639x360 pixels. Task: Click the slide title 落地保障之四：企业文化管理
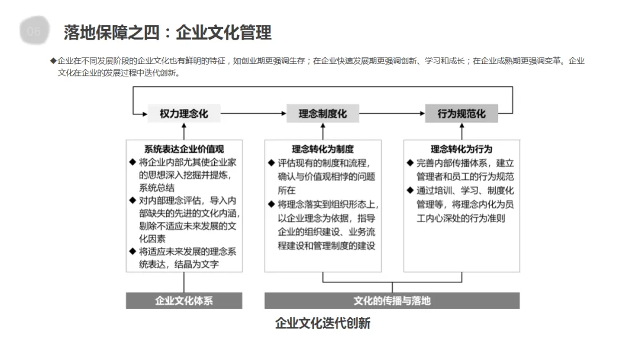[x=167, y=32]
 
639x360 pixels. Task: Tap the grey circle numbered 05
[x=34, y=31]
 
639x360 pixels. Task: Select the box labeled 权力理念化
[x=184, y=113]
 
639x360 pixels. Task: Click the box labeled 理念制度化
[x=322, y=113]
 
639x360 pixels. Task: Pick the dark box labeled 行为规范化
[x=461, y=113]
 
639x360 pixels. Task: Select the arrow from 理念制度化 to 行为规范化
[x=392, y=113]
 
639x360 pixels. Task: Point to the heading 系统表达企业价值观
[x=184, y=149]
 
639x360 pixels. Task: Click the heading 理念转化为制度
[x=322, y=149]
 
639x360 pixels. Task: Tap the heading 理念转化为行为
[x=461, y=149]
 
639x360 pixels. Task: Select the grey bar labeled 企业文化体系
[x=184, y=300]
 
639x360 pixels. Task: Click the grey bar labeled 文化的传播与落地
[x=392, y=300]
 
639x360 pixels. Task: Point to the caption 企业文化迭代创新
[x=322, y=323]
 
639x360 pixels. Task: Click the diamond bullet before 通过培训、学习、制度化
[x=410, y=190]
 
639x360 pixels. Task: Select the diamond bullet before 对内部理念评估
[x=133, y=200]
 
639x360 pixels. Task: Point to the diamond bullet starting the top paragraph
[x=53, y=61]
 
